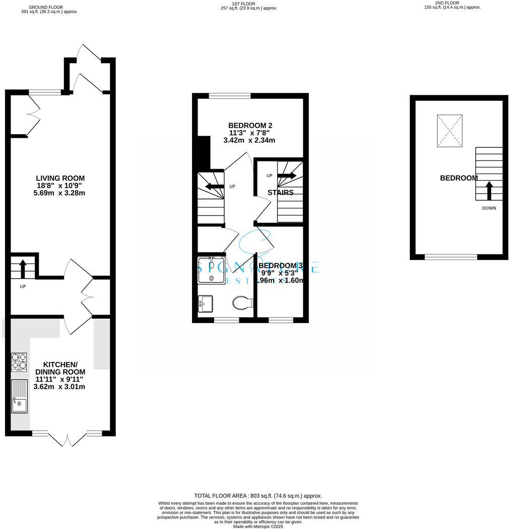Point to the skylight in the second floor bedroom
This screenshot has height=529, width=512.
(449, 130)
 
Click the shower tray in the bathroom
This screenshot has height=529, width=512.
(211, 270)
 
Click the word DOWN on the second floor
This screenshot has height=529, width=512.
(488, 208)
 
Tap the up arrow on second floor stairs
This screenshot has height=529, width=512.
(488, 190)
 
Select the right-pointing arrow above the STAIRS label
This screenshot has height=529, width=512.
(286, 176)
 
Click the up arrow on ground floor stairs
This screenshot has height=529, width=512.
(23, 268)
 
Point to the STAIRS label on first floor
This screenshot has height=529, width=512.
(280, 192)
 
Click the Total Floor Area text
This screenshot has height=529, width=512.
(258, 496)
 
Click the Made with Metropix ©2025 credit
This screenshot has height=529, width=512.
(258, 526)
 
